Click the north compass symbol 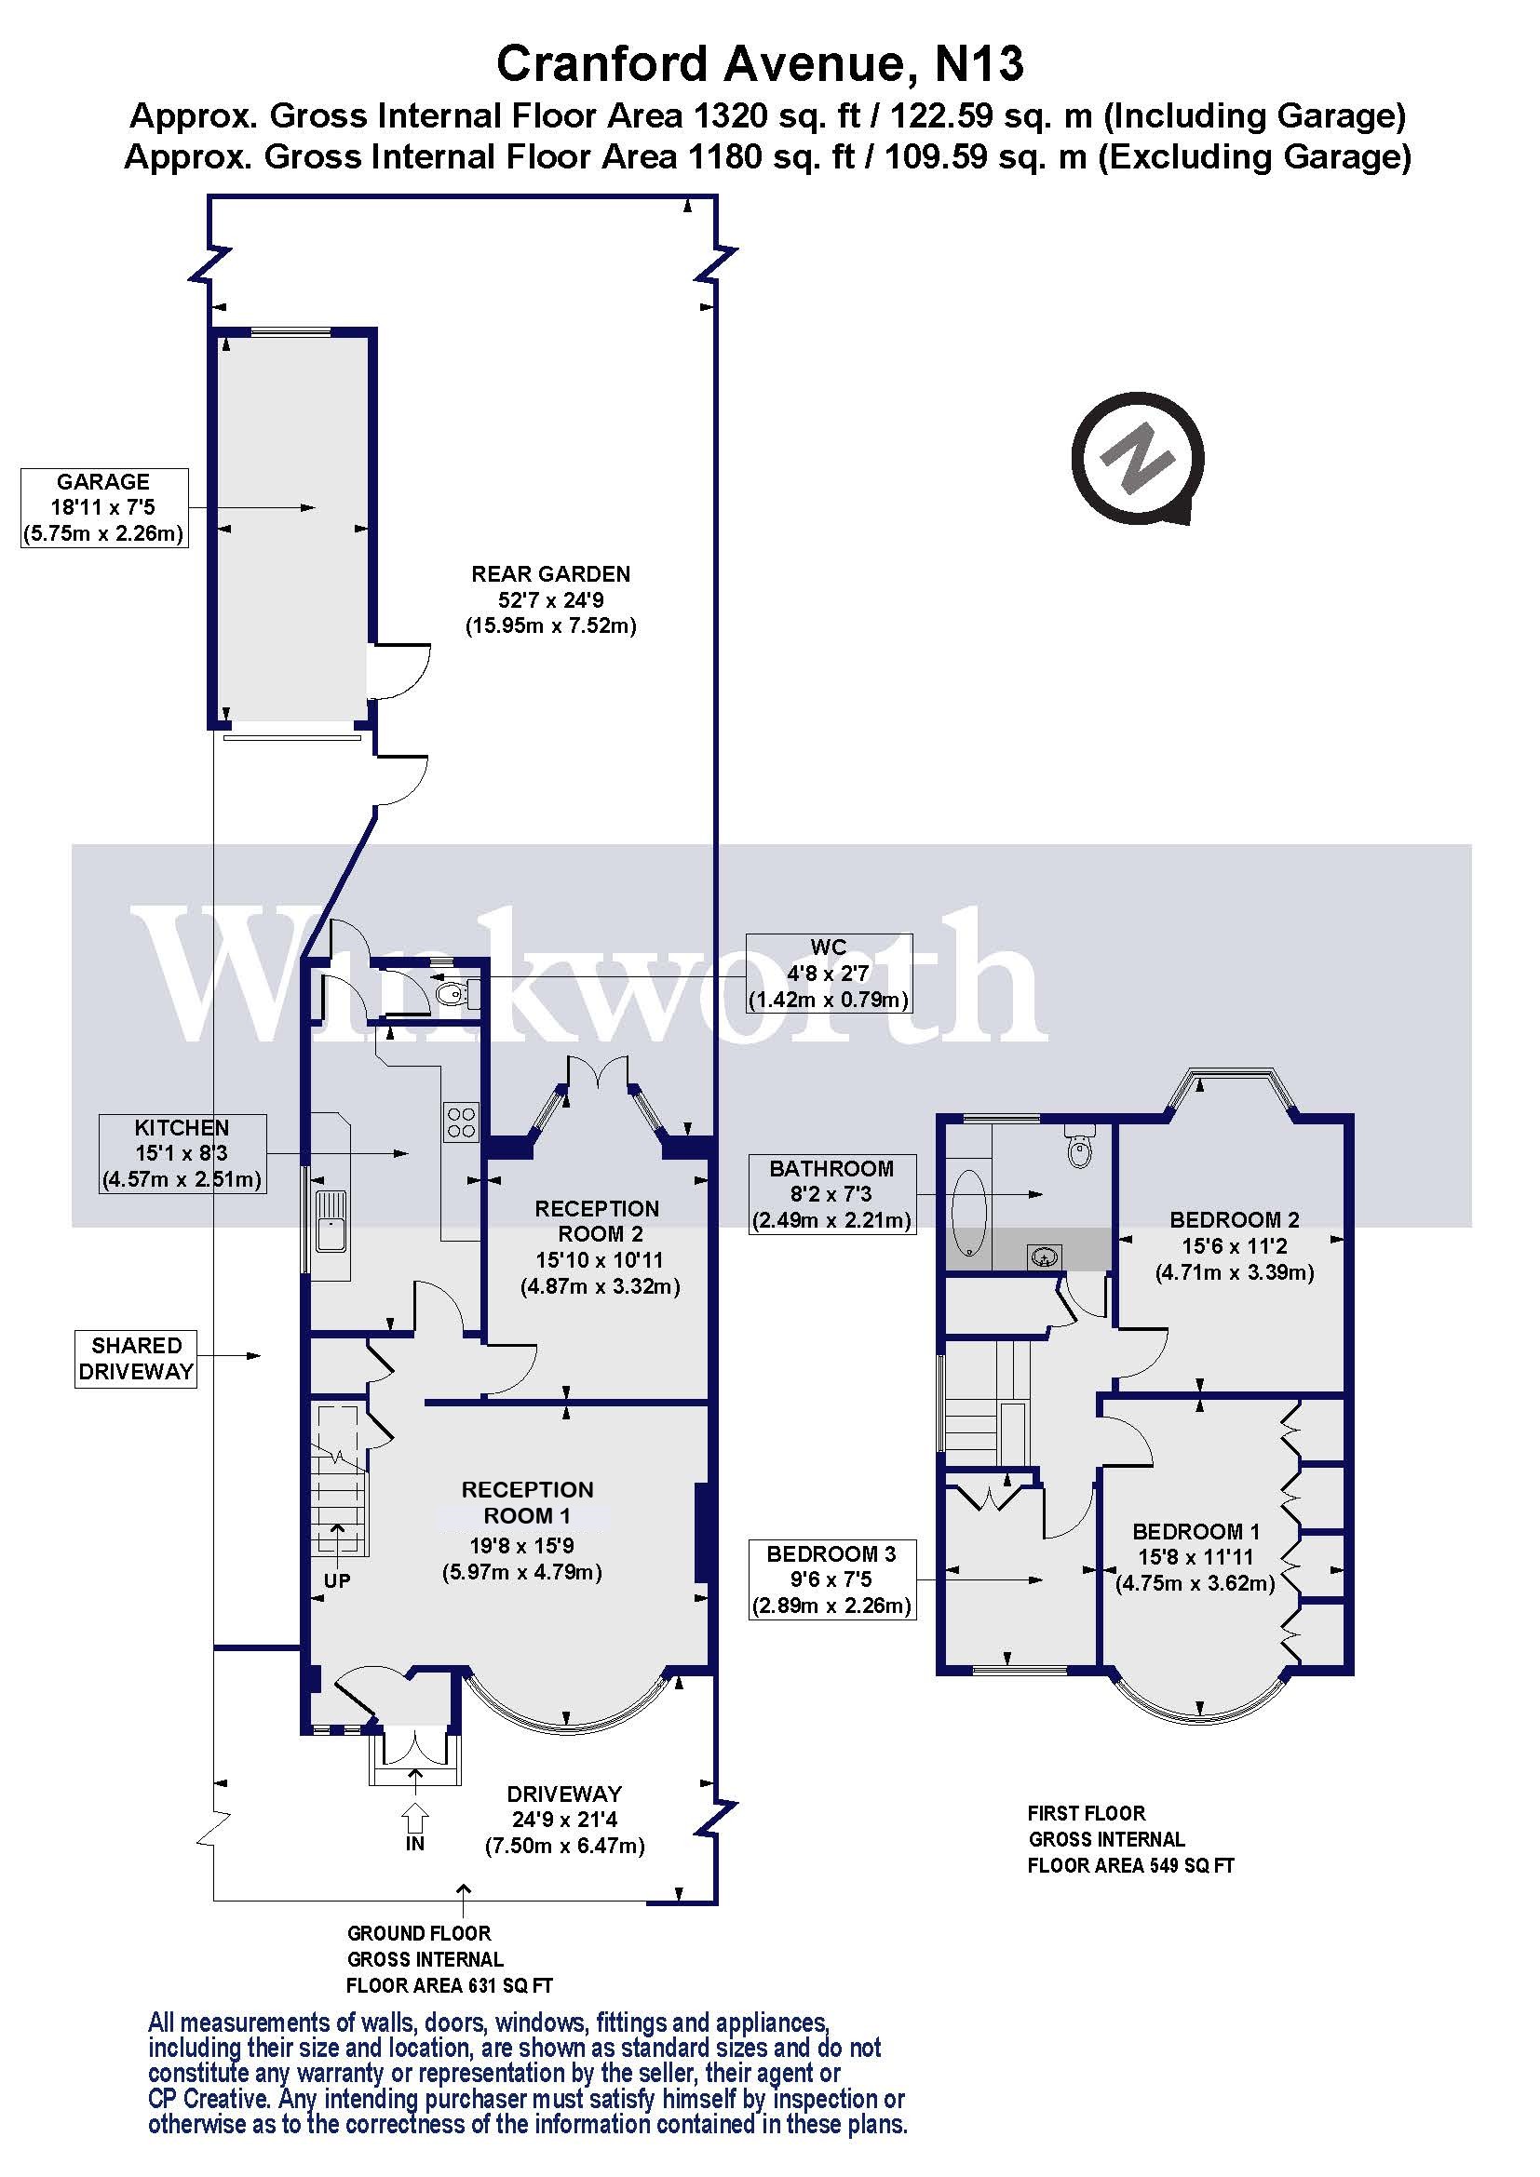point(1138,459)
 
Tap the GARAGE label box point(103,507)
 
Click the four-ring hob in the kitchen point(462,1122)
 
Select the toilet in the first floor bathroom point(1080,1149)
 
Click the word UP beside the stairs point(337,1580)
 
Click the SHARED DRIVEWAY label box point(136,1358)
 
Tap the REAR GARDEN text point(550,573)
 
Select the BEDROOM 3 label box point(831,1579)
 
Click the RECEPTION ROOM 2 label point(597,1221)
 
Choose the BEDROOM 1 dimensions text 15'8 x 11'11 point(1195,1556)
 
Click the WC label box point(828,973)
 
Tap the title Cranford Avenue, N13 point(760,64)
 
